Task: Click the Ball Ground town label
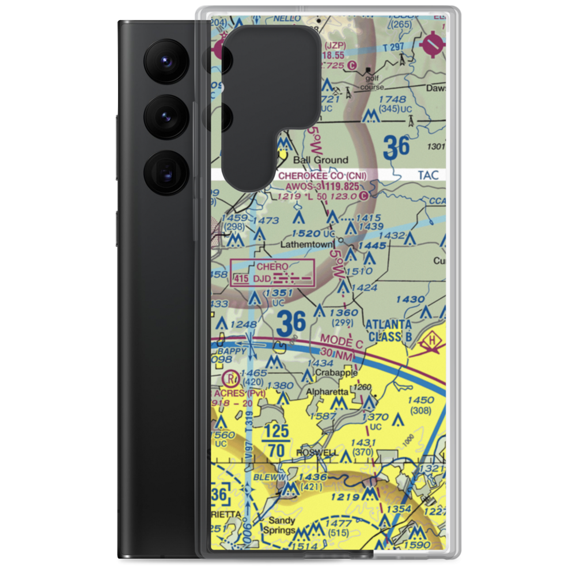coord(321,160)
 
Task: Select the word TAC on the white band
coord(428,175)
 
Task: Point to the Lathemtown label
coord(306,244)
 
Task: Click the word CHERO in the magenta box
coord(272,267)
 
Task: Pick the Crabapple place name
coord(337,373)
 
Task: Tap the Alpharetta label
coord(327,392)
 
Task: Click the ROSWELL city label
coord(317,453)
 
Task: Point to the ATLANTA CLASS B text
coord(389,330)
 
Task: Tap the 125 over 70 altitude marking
coord(276,441)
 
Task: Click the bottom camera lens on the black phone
coord(165,172)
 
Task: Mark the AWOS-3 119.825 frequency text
coord(329,186)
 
